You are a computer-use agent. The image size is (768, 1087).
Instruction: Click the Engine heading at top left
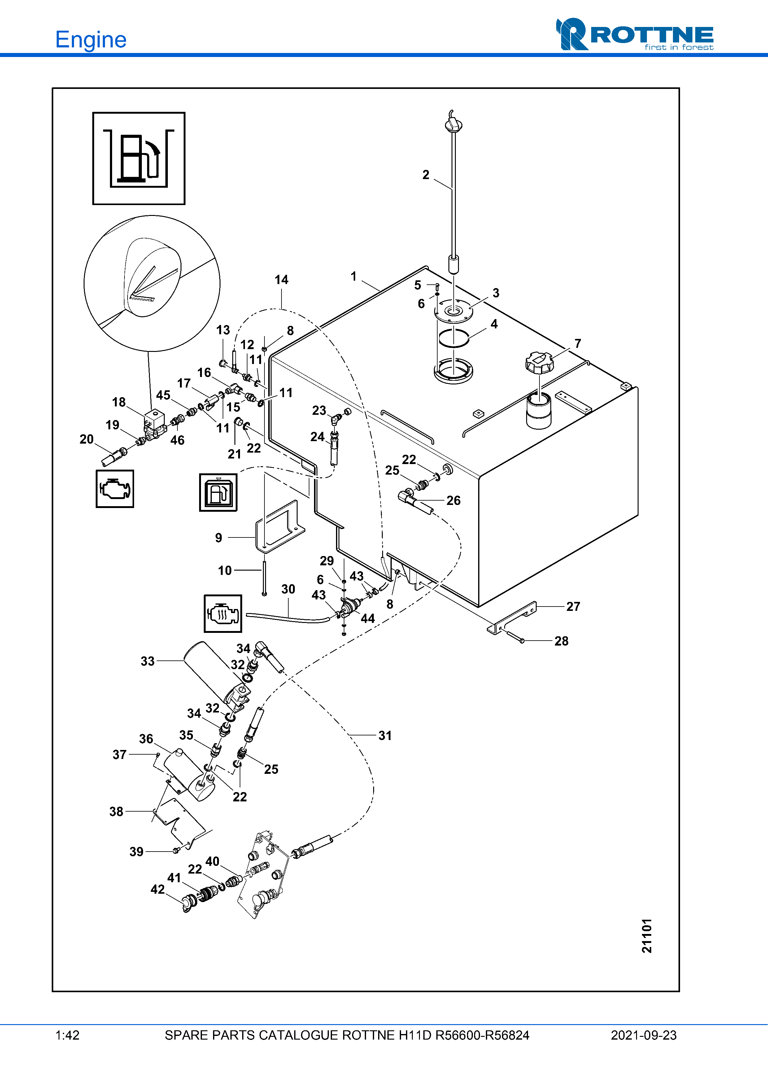tap(91, 40)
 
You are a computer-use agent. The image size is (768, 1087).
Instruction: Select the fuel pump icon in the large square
tap(139, 158)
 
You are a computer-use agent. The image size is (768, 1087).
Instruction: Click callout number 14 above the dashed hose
tap(281, 280)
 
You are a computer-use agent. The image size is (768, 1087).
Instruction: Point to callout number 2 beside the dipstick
tap(426, 175)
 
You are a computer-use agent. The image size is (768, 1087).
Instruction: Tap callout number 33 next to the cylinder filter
tap(148, 661)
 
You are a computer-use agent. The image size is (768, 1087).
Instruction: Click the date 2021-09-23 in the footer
tap(644, 1035)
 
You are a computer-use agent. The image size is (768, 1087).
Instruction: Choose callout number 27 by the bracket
tap(573, 607)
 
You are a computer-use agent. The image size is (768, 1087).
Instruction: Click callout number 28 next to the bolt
tap(561, 641)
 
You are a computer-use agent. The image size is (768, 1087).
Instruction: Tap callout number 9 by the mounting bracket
tap(219, 538)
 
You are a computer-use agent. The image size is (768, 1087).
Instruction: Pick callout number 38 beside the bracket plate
tap(116, 812)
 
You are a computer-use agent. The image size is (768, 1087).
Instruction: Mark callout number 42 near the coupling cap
tap(158, 889)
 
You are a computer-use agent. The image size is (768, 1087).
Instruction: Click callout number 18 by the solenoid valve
tap(119, 402)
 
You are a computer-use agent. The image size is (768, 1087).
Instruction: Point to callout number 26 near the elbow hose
tap(453, 500)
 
